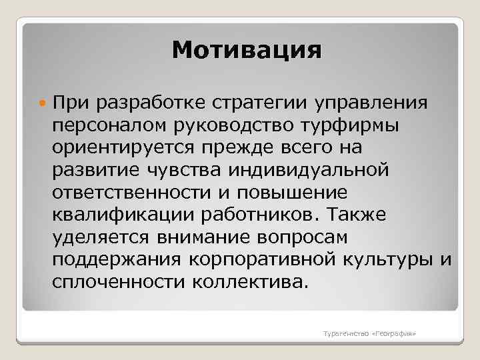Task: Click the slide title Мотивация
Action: (246, 51)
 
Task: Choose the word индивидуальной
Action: (308, 171)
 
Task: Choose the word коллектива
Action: (251, 282)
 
